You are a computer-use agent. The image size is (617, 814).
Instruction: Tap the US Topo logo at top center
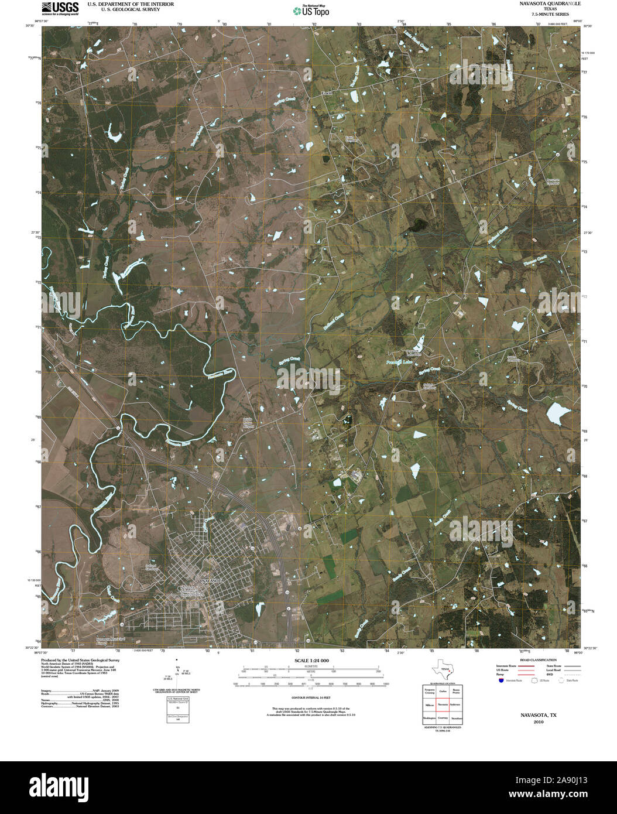311,10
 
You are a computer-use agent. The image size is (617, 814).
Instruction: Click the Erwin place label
327,93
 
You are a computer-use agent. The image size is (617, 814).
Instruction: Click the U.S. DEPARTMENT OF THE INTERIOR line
131,4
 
